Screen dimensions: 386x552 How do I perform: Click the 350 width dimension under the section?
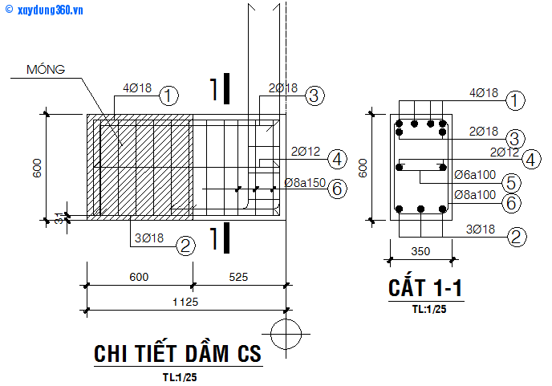coord(420,251)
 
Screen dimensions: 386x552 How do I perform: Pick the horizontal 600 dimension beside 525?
coord(139,277)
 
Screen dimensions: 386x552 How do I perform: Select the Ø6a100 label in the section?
coord(474,174)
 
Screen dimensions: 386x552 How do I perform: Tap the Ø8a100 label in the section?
coord(474,194)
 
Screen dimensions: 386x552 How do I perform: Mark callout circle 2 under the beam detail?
coord(185,246)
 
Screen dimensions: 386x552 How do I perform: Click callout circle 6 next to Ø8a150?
coord(338,189)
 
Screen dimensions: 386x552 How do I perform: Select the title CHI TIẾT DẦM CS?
coord(177,353)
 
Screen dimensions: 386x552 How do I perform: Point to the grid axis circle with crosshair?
coord(286,332)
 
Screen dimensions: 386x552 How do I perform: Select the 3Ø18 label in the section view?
coord(484,230)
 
